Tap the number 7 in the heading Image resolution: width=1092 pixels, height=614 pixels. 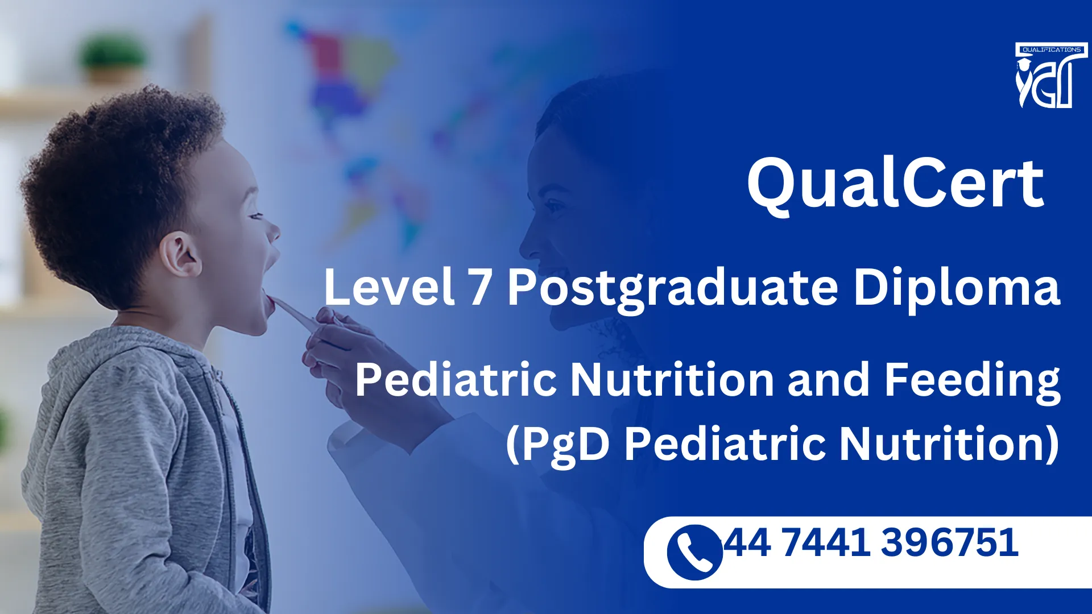479,287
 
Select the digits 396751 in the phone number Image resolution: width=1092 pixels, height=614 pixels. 949,542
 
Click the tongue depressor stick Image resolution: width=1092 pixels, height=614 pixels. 296,314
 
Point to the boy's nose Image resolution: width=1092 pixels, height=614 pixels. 274,230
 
